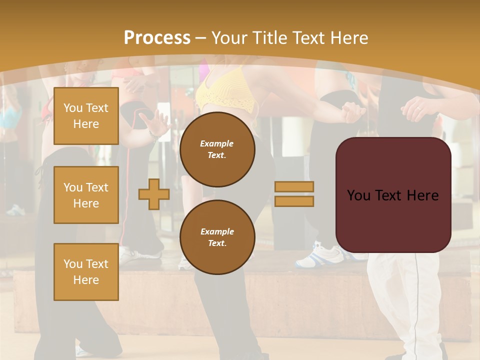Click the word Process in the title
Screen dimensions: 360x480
pos(157,38)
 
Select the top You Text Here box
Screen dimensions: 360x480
pos(86,116)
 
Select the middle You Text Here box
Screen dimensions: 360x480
pos(86,195)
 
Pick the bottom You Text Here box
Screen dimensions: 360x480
pos(86,272)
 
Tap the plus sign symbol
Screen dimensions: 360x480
pos(153,194)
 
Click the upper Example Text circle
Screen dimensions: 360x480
pos(217,149)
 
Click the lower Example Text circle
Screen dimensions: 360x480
pos(217,237)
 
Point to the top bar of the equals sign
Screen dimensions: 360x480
pos(294,187)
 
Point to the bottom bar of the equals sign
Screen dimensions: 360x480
pos(294,201)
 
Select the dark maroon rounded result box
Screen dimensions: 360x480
pos(393,195)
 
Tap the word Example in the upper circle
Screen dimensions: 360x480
pos(217,144)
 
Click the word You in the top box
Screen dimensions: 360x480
pos(73,108)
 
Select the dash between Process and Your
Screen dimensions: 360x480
pos(201,38)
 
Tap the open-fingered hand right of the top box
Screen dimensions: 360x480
pos(155,122)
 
